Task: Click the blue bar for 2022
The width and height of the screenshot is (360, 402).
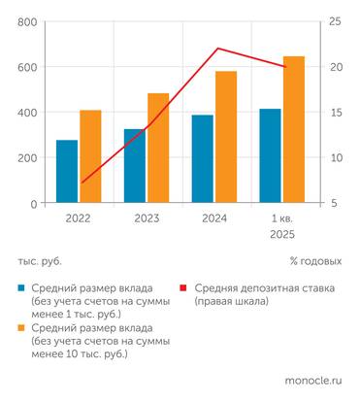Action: click(x=67, y=172)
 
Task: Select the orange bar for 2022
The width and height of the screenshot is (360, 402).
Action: click(x=90, y=156)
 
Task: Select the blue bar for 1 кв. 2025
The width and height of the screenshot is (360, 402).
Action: click(x=270, y=155)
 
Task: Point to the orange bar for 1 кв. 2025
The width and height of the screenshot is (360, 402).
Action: click(x=293, y=130)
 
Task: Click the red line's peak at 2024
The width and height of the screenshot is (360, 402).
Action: click(x=216, y=48)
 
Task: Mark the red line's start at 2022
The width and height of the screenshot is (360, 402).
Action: click(x=82, y=182)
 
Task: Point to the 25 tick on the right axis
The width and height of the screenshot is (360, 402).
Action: click(x=335, y=22)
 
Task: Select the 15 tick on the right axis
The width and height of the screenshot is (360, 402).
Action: click(x=335, y=113)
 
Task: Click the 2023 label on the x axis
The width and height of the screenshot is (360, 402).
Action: click(x=147, y=218)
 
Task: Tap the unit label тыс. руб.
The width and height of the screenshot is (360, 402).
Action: click(x=40, y=261)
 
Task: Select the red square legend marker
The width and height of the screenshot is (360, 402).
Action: click(x=185, y=288)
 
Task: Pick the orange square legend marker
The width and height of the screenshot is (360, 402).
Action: click(x=22, y=329)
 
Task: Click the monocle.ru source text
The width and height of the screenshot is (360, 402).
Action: click(x=313, y=383)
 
